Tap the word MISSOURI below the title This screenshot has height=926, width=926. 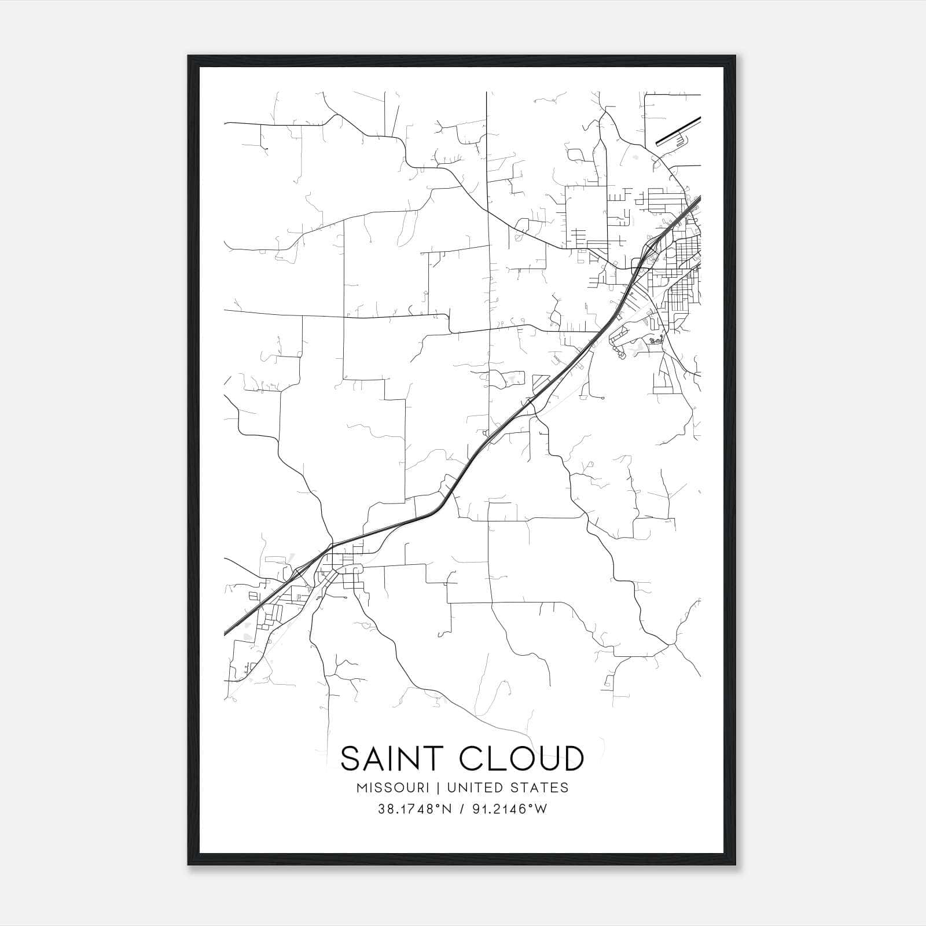tap(392, 788)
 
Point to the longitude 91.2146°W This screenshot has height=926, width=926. tap(508, 809)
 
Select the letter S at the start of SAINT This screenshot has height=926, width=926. tap(351, 759)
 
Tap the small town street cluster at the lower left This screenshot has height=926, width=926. tap(341, 570)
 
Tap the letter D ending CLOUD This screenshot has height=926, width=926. tap(572, 759)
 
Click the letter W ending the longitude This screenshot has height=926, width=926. tap(541, 809)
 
